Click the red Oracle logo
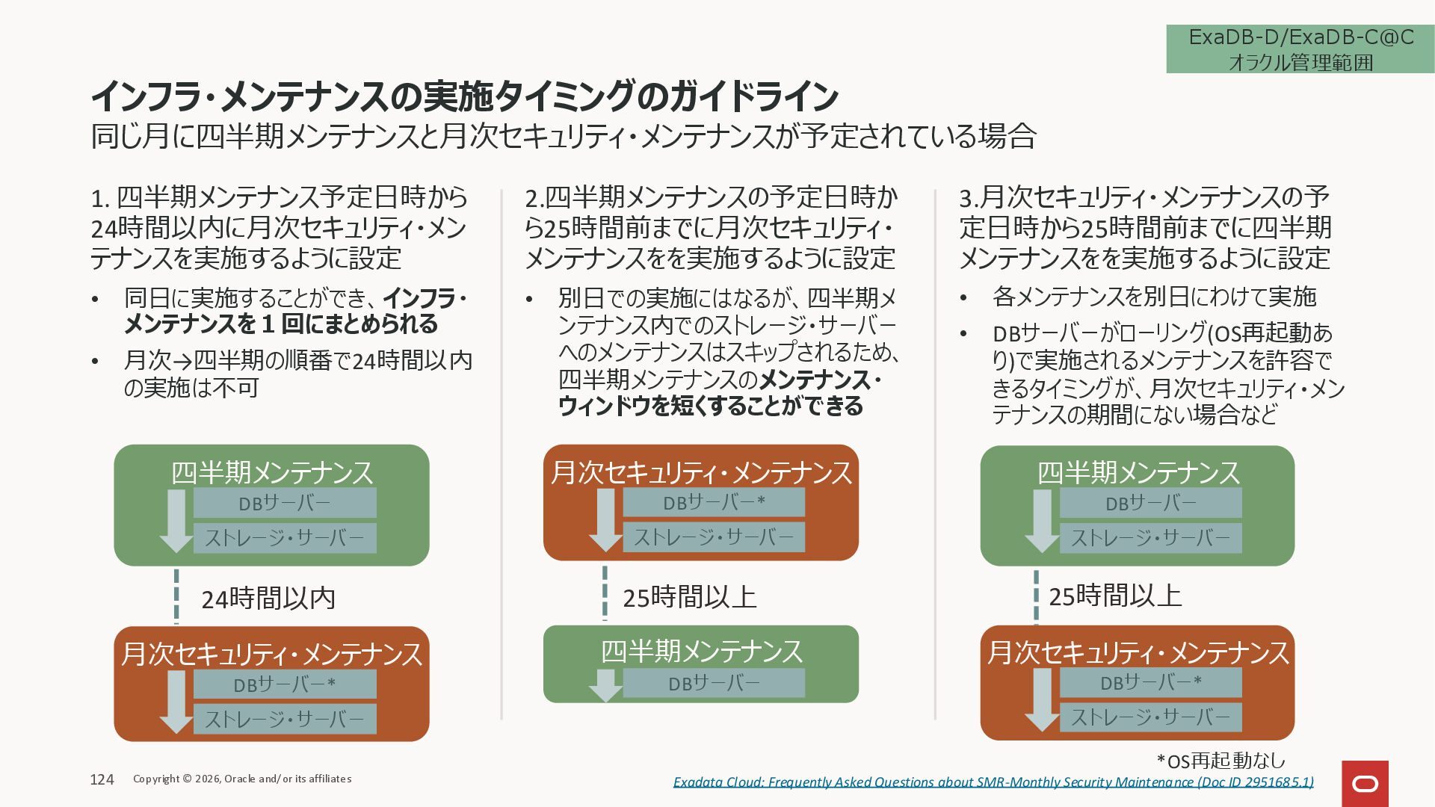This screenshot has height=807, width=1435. (1365, 784)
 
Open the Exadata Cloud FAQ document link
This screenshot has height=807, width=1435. (993, 782)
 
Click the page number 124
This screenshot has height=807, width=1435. (102, 779)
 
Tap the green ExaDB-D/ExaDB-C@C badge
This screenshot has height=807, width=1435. (1300, 49)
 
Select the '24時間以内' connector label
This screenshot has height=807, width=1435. (268, 599)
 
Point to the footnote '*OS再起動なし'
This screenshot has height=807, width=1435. (1220, 761)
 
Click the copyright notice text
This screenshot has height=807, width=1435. (242, 779)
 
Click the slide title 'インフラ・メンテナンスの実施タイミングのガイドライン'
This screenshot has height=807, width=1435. (464, 96)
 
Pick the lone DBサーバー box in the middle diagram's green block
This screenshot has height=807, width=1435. (713, 683)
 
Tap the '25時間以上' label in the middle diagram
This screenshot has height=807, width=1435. (689, 597)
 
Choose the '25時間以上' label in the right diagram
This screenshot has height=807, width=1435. (1114, 596)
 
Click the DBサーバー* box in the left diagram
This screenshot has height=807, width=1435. (285, 684)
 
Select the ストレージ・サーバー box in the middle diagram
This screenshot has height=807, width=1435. (713, 537)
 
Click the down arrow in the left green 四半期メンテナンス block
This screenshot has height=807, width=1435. (176, 521)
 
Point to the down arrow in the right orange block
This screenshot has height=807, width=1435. (1042, 699)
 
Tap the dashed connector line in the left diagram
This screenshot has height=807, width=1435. (176, 596)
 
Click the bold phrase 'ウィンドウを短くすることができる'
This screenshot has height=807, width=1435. (710, 406)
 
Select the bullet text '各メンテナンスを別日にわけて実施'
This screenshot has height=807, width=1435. (1154, 297)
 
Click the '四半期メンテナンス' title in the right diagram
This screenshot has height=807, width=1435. (1138, 472)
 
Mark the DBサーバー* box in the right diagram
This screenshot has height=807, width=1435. (1150, 682)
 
